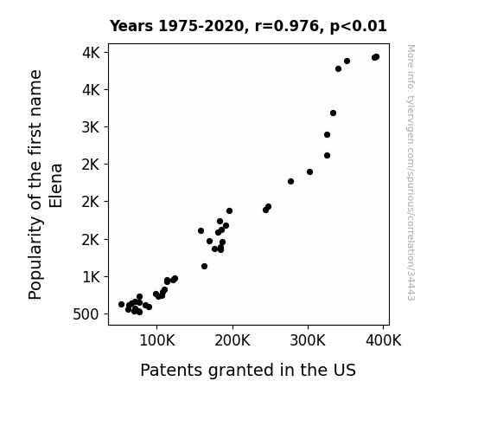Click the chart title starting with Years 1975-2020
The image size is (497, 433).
point(248,26)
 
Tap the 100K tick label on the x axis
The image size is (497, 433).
point(157,341)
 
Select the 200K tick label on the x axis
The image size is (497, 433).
point(233,341)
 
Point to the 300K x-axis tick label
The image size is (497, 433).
point(308,341)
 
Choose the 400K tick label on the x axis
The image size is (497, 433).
point(383,341)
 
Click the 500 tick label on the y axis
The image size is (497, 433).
point(86,314)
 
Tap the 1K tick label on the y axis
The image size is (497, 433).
point(91,277)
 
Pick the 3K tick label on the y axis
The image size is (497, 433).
point(91,127)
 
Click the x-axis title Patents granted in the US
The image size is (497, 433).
point(248,370)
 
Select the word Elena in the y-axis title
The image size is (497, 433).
point(56,186)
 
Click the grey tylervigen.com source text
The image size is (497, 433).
point(411,172)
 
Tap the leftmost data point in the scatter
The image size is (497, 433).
point(121,304)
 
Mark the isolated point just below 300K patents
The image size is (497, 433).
point(290,181)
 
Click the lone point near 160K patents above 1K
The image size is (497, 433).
point(205,266)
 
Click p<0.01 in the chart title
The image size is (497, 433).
point(359,27)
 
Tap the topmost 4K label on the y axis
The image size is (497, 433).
point(91,53)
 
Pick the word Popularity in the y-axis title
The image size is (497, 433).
point(35,258)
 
